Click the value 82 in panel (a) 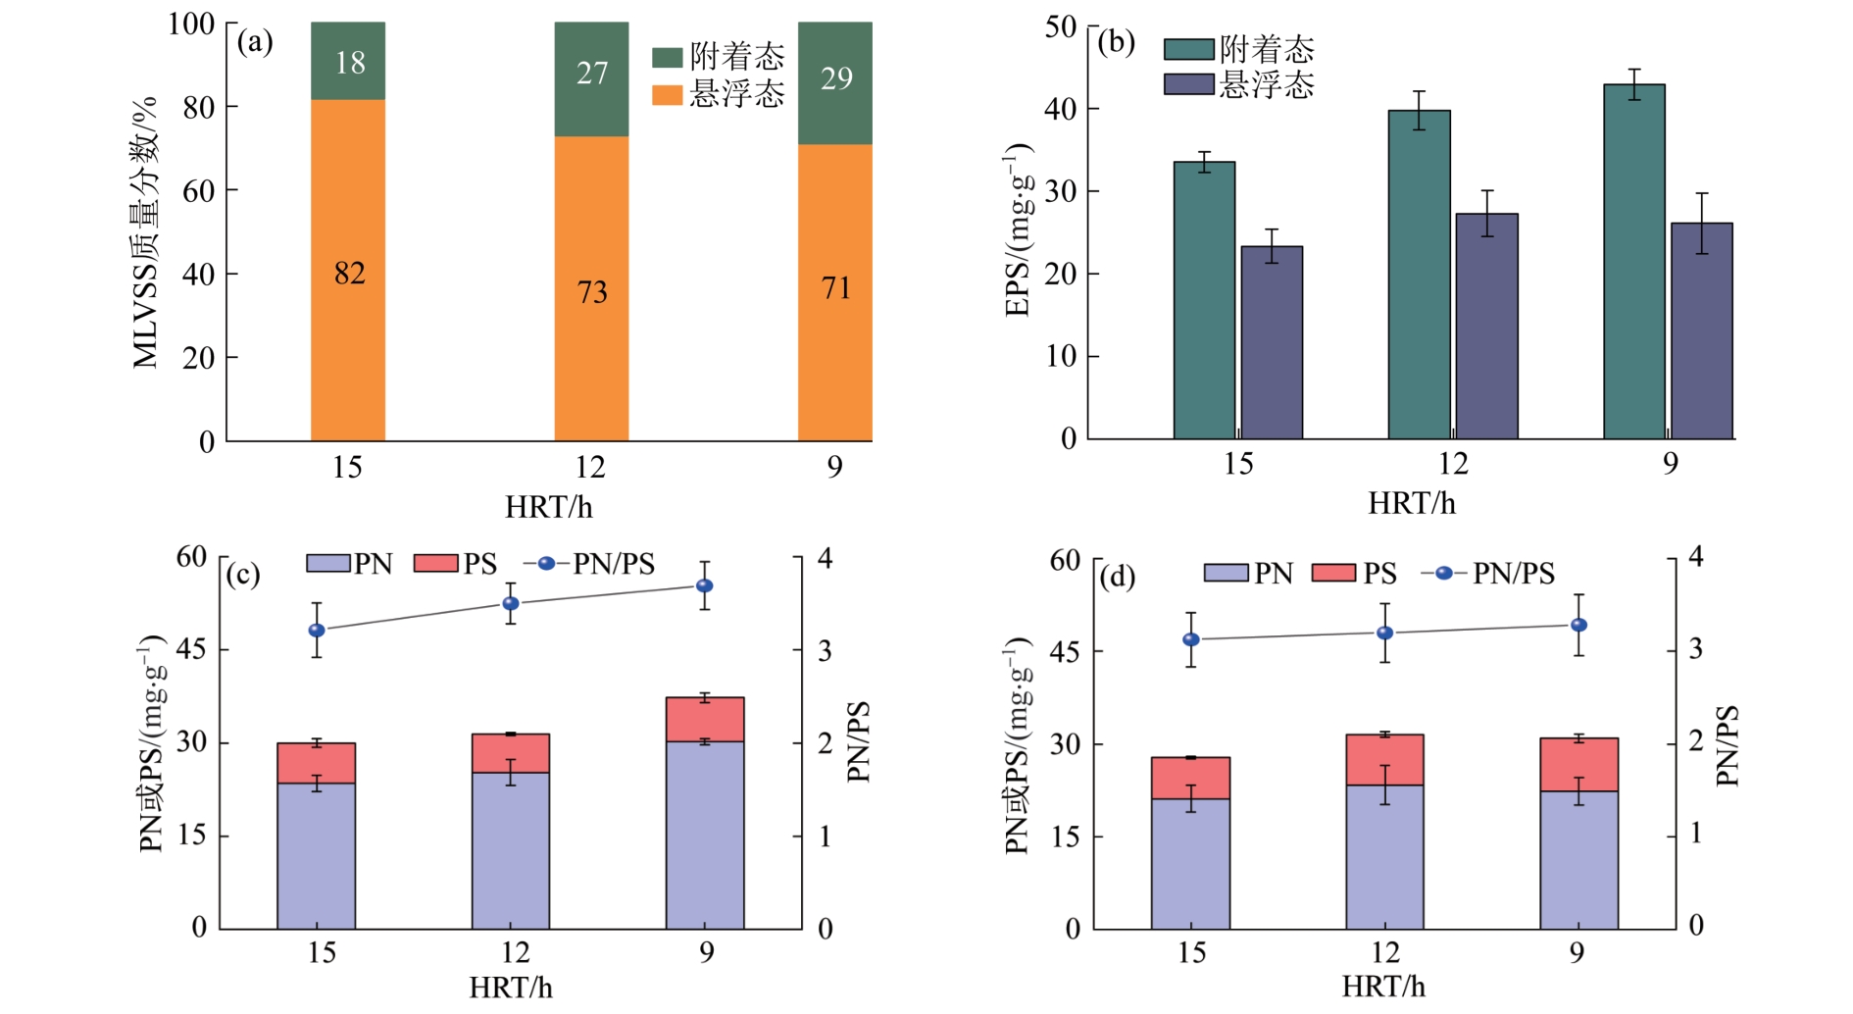(349, 273)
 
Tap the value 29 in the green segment (836, 78)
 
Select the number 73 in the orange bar (592, 291)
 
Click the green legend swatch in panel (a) (668, 58)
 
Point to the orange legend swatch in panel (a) (668, 95)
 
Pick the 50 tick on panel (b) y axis (1061, 26)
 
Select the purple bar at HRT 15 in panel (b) (1272, 342)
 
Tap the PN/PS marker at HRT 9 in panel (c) (704, 585)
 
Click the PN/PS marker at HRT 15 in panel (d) (1191, 639)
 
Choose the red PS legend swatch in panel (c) (436, 564)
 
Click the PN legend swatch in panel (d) (1226, 573)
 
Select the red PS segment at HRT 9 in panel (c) (704, 719)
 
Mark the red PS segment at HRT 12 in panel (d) (1384, 759)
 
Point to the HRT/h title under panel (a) (548, 507)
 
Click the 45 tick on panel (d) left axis (1065, 651)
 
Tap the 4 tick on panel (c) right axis (826, 558)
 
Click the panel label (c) (242, 574)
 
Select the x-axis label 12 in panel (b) (1453, 463)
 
